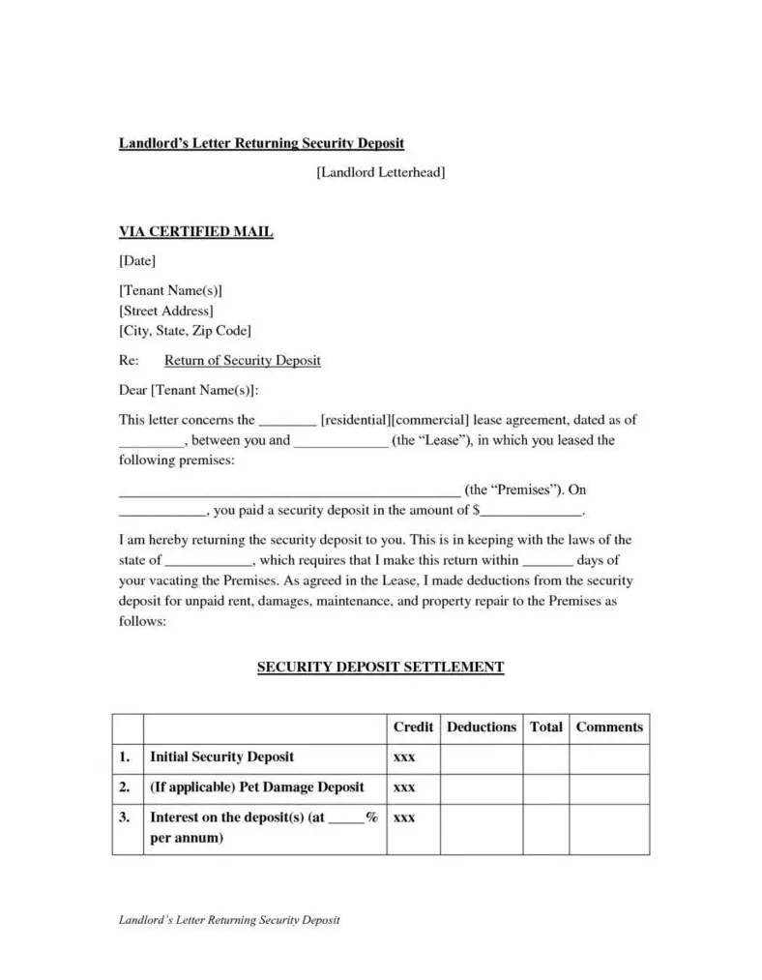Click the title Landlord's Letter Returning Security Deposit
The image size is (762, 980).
point(261,143)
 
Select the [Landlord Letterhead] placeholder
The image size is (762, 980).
point(381,172)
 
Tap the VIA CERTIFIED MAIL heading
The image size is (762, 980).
point(195,232)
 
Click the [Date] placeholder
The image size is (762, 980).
point(136,261)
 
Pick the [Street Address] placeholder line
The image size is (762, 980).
point(165,311)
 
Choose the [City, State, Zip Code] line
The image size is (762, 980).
point(185,331)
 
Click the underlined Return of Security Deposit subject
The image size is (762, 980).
point(242,361)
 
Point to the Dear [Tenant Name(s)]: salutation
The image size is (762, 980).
point(189,391)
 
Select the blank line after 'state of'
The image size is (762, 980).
point(208,561)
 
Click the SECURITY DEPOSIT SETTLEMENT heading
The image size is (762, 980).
point(381,668)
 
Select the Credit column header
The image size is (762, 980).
point(413,728)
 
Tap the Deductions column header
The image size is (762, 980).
point(482,728)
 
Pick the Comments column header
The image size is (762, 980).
point(609,728)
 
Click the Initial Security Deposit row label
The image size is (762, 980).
point(221,757)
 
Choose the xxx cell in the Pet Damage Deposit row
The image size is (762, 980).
point(404,787)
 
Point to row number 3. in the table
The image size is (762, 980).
point(125,817)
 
